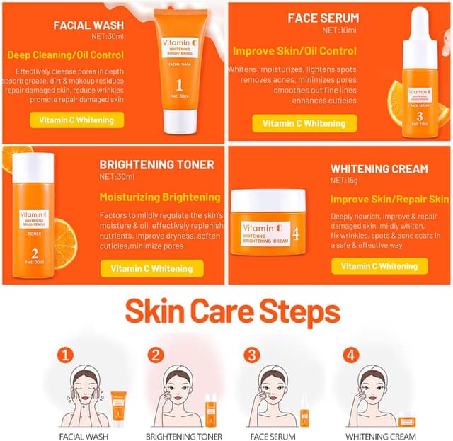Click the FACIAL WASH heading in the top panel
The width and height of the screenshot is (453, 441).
tap(88, 25)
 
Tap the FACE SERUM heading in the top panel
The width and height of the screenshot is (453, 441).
tap(323, 18)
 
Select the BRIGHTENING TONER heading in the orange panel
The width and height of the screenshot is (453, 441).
tap(156, 165)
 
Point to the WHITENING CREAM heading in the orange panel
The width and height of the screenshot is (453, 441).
tap(379, 169)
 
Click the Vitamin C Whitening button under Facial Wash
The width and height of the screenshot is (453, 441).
tap(76, 120)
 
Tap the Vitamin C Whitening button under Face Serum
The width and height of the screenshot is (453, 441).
tap(304, 123)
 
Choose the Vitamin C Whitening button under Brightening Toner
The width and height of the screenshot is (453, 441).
tap(151, 268)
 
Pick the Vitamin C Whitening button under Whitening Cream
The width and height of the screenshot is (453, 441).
tap(379, 266)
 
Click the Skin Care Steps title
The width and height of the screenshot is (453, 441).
tap(232, 312)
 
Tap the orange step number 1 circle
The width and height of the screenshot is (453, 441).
tap(64, 354)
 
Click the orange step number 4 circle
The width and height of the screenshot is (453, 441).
tap(349, 354)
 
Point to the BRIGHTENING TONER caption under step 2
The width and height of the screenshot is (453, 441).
tap(184, 437)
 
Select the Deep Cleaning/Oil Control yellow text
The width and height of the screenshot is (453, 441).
tap(65, 55)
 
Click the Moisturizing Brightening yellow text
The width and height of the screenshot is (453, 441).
tap(159, 197)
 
